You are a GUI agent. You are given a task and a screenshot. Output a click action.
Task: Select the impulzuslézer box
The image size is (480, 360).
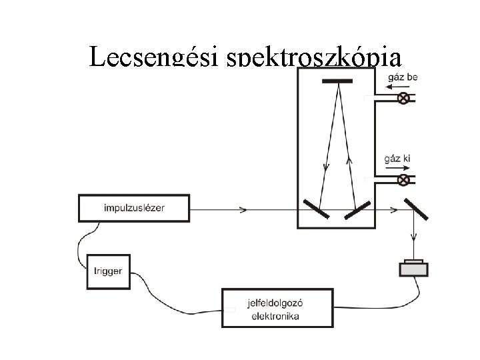tap(134, 207)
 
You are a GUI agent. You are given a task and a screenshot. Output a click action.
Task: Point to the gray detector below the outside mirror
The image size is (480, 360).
tap(413, 267)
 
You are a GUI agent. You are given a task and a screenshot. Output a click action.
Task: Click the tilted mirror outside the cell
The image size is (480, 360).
tap(415, 208)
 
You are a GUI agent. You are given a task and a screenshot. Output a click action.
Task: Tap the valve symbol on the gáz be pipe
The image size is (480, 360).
tap(403, 99)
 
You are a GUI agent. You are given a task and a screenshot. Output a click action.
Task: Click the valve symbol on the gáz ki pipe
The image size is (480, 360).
tap(403, 180)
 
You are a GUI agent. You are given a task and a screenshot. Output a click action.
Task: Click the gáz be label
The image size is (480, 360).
tap(402, 77)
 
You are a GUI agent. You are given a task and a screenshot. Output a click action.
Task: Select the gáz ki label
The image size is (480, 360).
tap(399, 159)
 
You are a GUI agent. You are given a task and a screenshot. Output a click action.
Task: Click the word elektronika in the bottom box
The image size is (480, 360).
tap(275, 316)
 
